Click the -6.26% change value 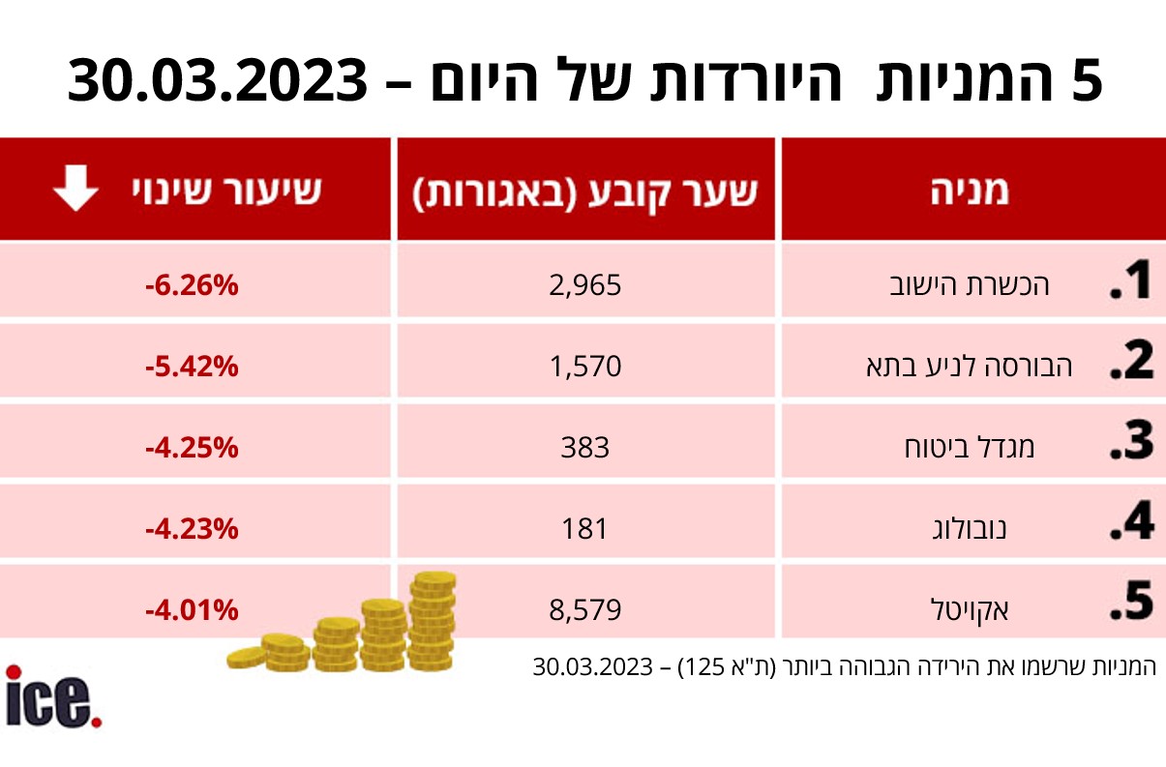tap(191, 286)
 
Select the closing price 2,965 tap(584, 286)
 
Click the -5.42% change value tap(191, 367)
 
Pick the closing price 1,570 tap(584, 367)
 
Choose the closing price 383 tap(584, 447)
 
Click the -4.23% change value tap(191, 529)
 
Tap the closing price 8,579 tap(584, 609)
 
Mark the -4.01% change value tap(191, 609)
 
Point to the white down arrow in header tap(75, 190)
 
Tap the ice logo tap(53, 696)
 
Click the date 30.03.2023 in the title tap(218, 81)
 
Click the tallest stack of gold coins tap(432, 619)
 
